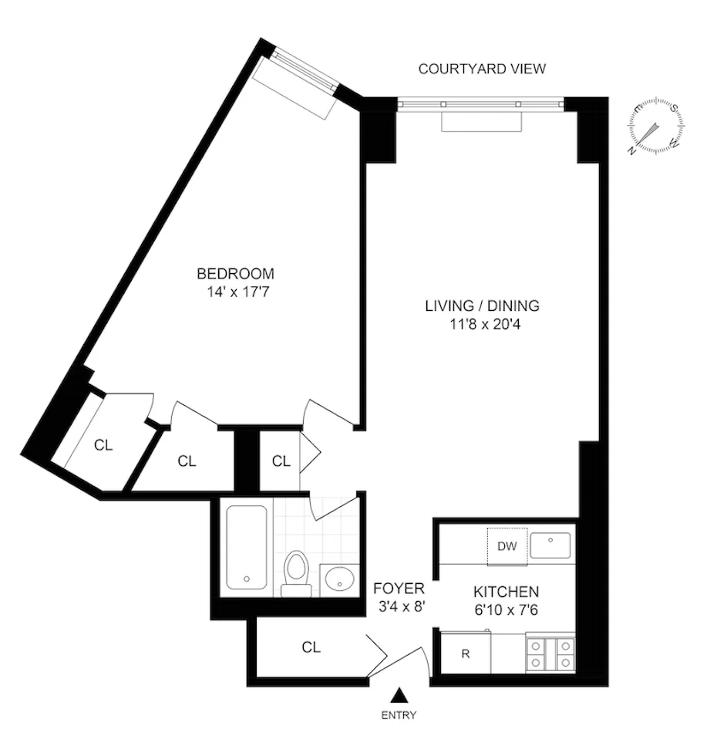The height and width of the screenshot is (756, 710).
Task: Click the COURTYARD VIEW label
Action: (x=482, y=69)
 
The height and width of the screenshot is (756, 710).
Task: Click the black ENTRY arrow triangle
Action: (x=399, y=695)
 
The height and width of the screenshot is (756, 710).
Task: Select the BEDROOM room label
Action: (x=235, y=273)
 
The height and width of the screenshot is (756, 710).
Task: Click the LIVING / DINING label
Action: (x=482, y=305)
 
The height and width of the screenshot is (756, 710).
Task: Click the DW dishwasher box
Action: (x=506, y=547)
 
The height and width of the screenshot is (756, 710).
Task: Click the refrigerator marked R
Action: (x=466, y=653)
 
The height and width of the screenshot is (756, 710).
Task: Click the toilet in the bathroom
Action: (x=296, y=573)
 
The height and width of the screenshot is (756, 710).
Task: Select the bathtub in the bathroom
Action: (x=247, y=548)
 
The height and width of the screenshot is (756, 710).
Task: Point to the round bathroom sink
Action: (x=340, y=579)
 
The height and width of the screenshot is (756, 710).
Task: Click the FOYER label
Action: (x=399, y=589)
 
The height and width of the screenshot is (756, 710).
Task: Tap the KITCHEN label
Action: (x=505, y=592)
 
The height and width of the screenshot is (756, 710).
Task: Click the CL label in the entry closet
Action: (x=311, y=646)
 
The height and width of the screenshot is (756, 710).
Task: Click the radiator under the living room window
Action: (x=482, y=121)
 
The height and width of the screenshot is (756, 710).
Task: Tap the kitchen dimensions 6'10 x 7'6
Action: (x=505, y=609)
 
